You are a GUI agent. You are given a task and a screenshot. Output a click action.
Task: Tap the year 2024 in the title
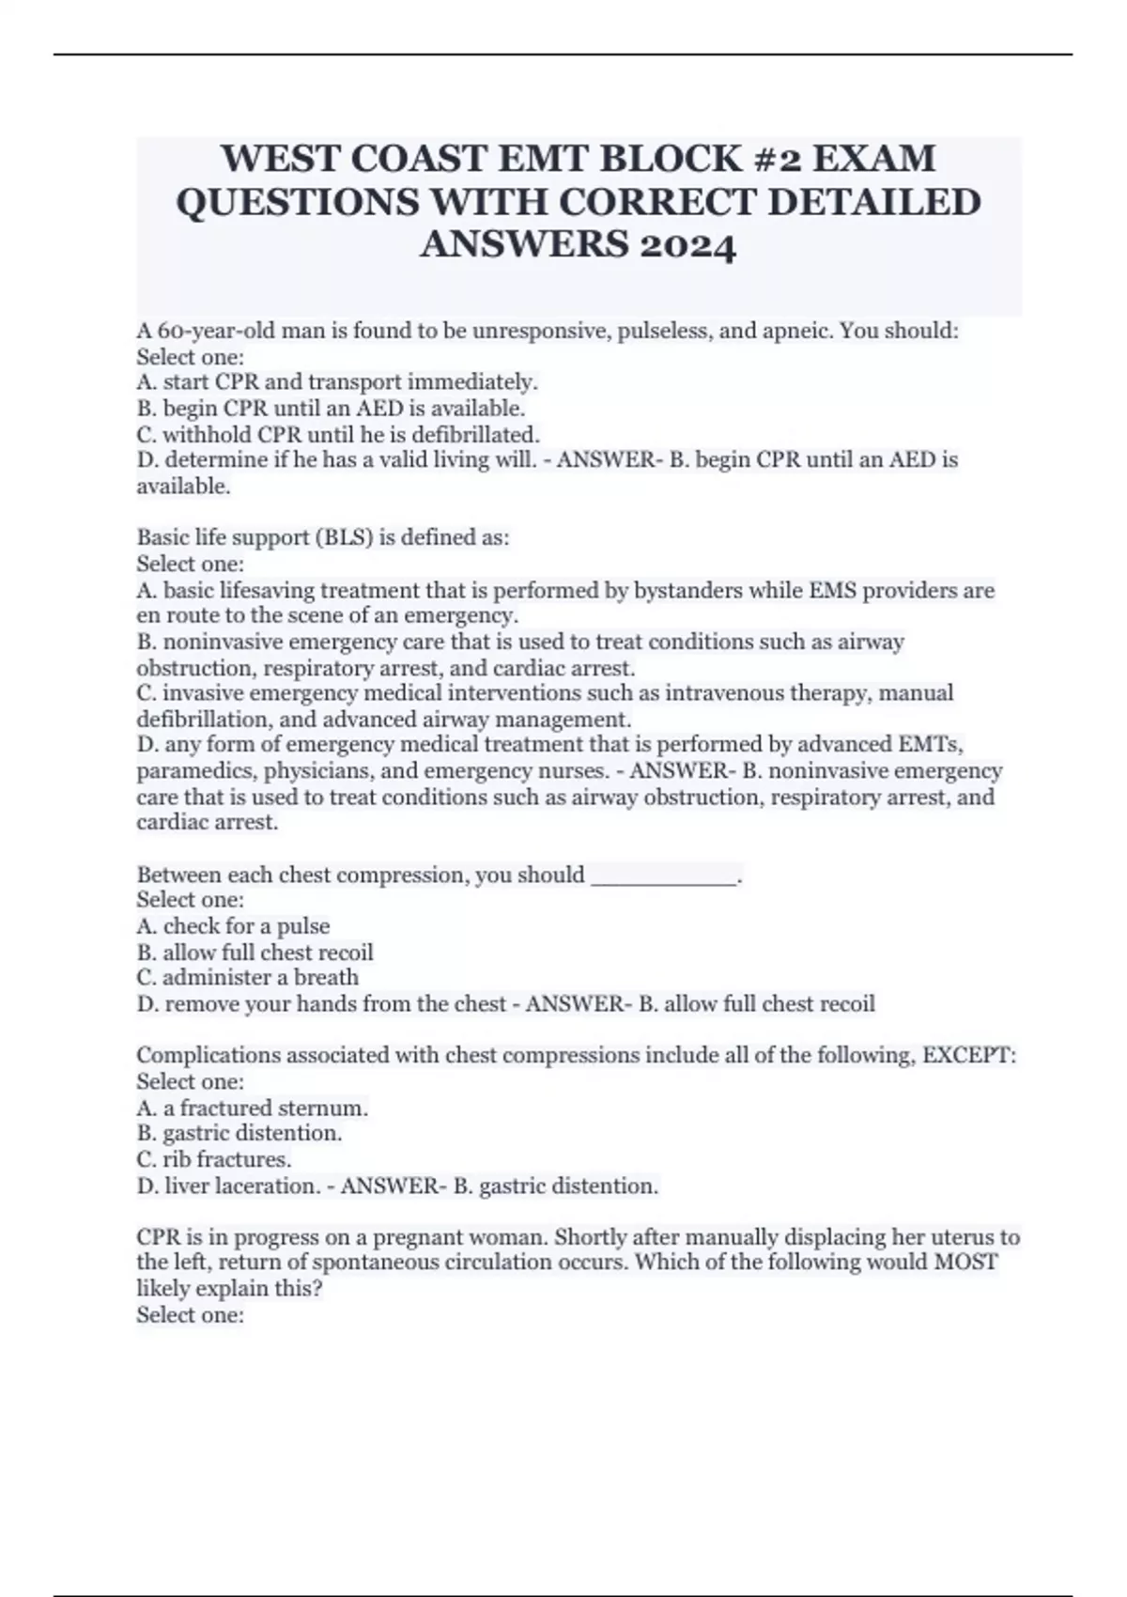pyautogui.click(x=687, y=245)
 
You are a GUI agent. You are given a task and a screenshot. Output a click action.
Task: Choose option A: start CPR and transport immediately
pyautogui.click(x=338, y=382)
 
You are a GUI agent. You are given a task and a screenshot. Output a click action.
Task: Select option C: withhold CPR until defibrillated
pyautogui.click(x=338, y=434)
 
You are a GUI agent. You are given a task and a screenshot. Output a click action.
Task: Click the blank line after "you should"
pyautogui.click(x=664, y=876)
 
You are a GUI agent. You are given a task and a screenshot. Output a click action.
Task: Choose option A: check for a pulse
pyautogui.click(x=234, y=926)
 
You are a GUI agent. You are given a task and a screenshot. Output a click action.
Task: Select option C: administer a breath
pyautogui.click(x=248, y=978)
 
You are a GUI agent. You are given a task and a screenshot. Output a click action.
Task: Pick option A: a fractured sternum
pyautogui.click(x=253, y=1109)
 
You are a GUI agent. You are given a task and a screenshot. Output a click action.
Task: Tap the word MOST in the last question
pyautogui.click(x=965, y=1263)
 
